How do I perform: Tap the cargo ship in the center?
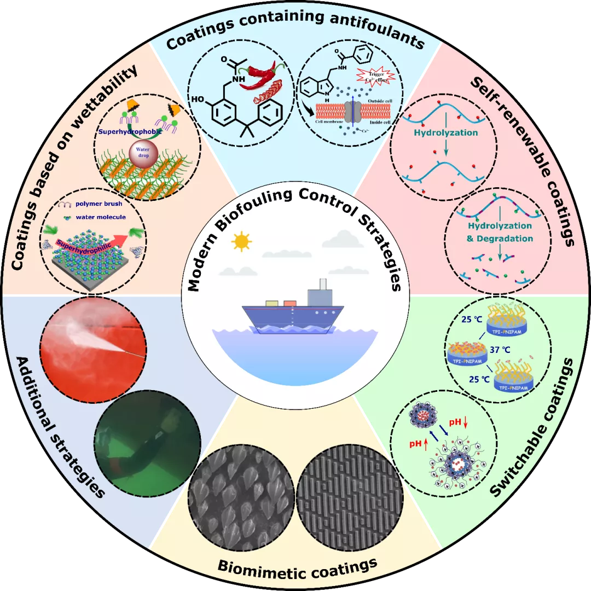pyautogui.click(x=293, y=315)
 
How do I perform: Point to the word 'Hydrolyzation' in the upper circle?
pyautogui.click(x=446, y=132)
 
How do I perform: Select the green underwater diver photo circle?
pyautogui.click(x=147, y=441)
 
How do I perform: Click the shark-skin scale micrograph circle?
pyautogui.click(x=240, y=495)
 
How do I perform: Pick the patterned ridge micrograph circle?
pyautogui.click(x=350, y=495)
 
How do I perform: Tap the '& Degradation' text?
pyautogui.click(x=500, y=238)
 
